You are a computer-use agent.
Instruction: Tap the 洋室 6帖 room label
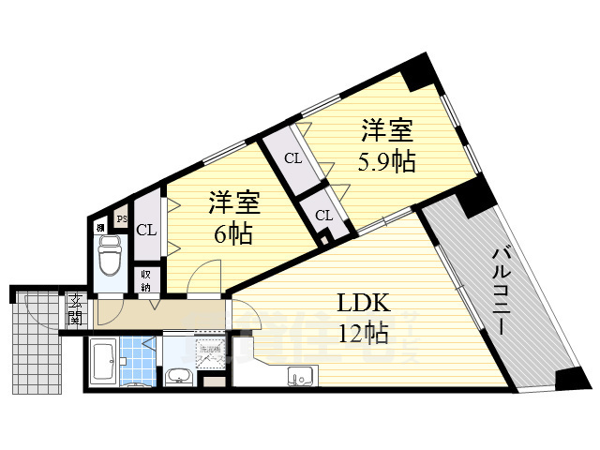point(232,217)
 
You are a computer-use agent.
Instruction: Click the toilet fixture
point(109,253)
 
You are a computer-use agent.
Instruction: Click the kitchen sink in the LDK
point(300,379)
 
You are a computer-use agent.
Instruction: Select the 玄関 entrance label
point(74,310)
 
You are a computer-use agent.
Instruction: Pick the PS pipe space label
point(121,220)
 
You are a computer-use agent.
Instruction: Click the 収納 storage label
point(147,279)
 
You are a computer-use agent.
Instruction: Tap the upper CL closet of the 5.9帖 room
point(292,158)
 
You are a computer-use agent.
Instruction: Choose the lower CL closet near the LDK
point(323,216)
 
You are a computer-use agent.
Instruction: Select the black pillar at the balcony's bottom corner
point(569,379)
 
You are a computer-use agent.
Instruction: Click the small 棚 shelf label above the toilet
point(100,226)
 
